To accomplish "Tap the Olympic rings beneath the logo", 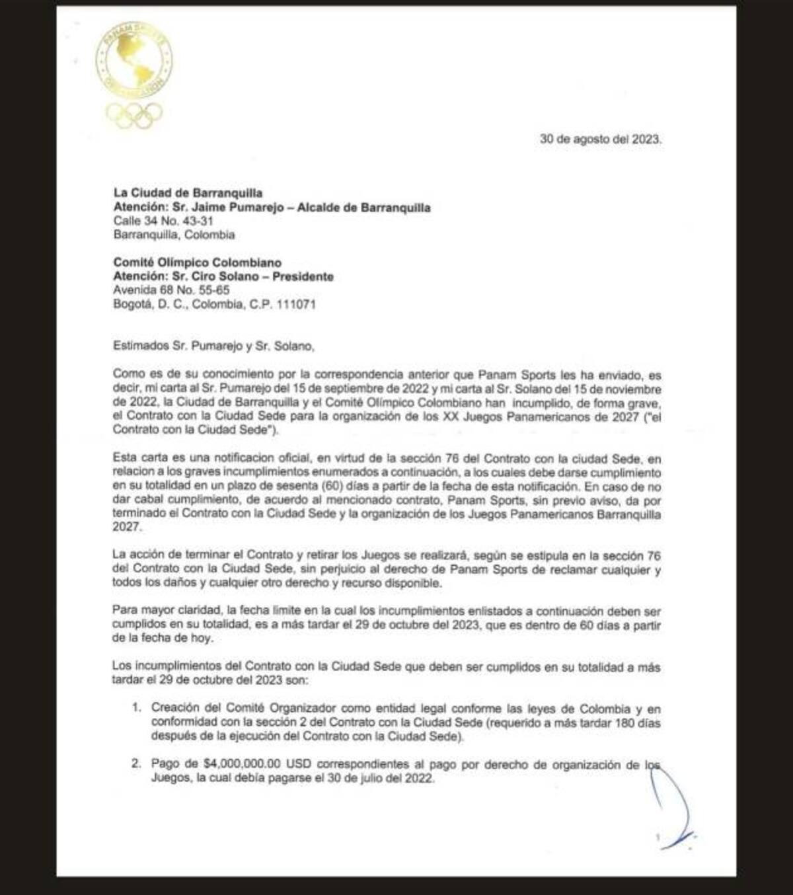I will tap(135, 115).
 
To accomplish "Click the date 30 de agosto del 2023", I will tap(600, 139).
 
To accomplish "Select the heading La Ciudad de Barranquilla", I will tap(188, 193).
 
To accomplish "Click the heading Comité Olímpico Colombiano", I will tap(198, 263).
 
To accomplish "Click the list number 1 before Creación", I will tap(136, 707).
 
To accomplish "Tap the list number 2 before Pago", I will tap(136, 764).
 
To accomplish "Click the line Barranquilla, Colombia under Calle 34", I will tap(174, 235).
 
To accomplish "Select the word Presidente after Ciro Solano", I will tap(301, 277).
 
